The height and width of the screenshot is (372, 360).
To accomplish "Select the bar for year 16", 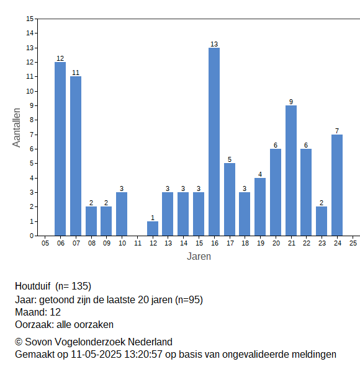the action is [214, 141].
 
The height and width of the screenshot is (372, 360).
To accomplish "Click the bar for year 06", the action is [60, 149].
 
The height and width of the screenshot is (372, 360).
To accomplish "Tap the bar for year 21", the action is [291, 170].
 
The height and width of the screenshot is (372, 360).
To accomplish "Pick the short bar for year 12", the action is [153, 228].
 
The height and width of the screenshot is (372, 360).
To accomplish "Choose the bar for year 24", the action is [337, 185].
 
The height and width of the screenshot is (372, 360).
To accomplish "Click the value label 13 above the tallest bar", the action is [214, 44].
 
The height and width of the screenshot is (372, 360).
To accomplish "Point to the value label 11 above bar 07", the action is [76, 73].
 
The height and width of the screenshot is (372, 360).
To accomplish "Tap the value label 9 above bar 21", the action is [291, 102].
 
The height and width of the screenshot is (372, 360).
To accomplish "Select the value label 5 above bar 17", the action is [230, 159].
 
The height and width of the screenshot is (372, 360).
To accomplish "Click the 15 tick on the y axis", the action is [30, 19].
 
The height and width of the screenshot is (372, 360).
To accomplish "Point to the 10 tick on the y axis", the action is [30, 91].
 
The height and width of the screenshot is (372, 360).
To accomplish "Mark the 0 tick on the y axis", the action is [32, 236].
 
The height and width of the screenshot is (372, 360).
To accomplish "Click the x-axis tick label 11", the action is [138, 243].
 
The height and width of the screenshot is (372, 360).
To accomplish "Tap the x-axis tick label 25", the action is [353, 243].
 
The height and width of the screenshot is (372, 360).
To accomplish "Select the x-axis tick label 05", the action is [45, 243].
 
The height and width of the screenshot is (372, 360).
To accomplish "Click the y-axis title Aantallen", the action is [16, 128].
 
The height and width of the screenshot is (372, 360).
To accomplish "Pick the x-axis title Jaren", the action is [199, 257].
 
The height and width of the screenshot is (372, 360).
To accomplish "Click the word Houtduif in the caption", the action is [33, 286].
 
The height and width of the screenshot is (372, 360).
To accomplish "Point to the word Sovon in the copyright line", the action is [38, 342].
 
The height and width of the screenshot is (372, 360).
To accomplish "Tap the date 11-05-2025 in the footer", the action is [96, 355].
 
